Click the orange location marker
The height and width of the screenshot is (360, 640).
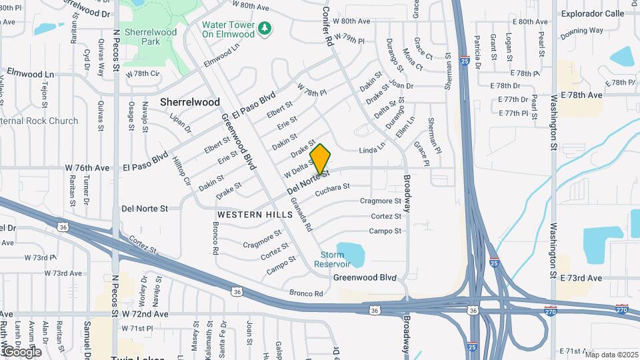point(321,159)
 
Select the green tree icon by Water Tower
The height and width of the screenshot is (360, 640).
point(265,28)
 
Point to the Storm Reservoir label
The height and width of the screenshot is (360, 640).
point(332,259)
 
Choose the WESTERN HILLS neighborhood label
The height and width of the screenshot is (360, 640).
point(255,215)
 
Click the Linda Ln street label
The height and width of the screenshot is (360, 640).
point(373,147)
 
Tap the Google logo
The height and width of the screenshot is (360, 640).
point(21,351)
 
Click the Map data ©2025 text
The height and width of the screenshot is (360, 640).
point(611,355)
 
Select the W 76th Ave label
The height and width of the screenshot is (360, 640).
point(87,167)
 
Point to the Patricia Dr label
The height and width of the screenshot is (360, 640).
point(477,48)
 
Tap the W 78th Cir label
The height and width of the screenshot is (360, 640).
point(142,73)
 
